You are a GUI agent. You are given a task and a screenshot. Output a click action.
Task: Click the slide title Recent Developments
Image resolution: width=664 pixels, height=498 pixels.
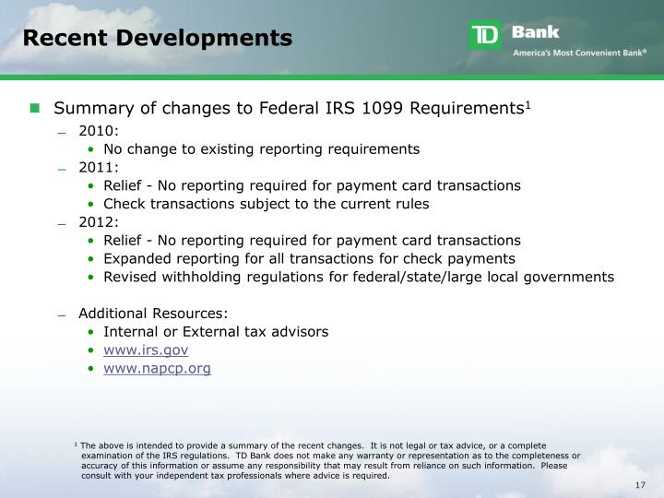pos(157,38)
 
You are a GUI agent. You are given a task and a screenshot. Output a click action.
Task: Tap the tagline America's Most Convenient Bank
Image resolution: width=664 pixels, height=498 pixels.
pos(579,53)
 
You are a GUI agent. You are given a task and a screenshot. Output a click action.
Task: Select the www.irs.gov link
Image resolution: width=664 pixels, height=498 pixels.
pos(146,350)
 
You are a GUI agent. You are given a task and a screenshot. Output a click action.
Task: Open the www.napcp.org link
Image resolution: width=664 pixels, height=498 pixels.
pos(157,368)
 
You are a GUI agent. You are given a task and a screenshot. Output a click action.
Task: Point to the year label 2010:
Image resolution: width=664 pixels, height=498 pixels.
pos(99,130)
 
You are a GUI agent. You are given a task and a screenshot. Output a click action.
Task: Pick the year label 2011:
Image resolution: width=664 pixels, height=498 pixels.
pos(99,167)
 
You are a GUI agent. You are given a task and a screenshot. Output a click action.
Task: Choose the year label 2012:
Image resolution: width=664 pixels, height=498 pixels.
pos(99,221)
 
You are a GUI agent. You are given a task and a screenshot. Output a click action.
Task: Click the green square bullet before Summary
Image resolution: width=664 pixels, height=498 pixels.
pos(35,108)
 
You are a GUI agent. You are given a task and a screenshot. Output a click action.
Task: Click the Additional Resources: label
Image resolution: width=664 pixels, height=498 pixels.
pos(153,313)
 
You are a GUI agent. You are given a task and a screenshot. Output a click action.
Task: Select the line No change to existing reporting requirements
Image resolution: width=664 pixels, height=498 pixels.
pos(261,148)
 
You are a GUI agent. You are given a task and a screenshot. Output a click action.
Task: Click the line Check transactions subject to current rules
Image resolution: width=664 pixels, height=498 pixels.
pos(266,204)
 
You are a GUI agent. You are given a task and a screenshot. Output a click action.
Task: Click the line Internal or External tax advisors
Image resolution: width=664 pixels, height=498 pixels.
pos(216,331)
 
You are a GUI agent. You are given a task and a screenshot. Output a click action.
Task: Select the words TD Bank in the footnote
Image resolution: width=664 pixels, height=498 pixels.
pos(253,456)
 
